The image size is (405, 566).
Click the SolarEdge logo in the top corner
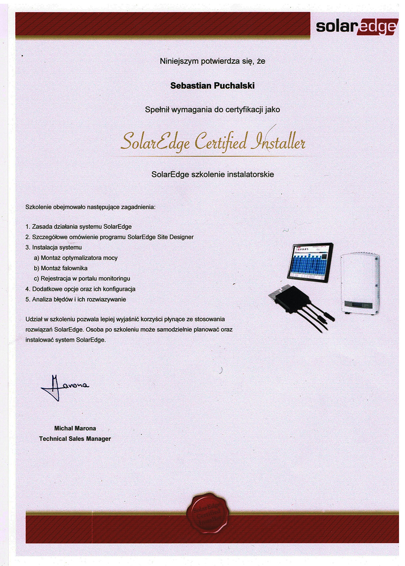tap(356, 26)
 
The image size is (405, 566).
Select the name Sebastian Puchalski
tap(212, 86)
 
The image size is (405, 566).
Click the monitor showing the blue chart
tap(310, 262)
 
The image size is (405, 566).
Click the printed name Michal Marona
tap(75, 428)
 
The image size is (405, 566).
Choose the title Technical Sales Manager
tap(75, 439)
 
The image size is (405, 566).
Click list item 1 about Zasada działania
tap(78, 227)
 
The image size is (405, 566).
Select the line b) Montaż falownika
tap(61, 268)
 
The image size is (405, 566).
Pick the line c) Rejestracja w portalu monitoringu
tap(82, 279)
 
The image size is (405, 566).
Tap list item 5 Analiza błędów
tap(75, 300)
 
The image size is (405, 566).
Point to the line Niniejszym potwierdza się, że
tap(212, 61)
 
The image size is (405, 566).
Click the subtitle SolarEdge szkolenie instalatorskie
tap(212, 174)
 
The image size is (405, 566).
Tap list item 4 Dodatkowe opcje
tap(80, 289)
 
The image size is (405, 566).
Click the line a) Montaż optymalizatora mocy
tap(75, 258)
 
